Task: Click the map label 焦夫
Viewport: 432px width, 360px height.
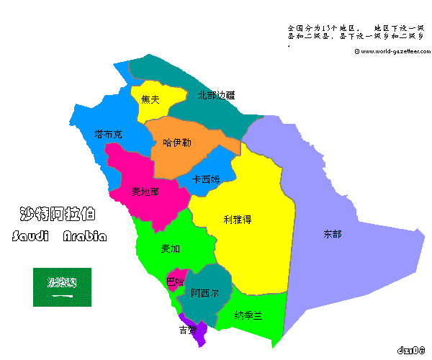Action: pos(150,100)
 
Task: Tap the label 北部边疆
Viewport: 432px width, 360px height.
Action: pos(216,95)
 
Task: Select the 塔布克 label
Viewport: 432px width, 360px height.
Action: pos(108,135)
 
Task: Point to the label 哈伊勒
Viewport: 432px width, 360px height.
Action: pos(177,143)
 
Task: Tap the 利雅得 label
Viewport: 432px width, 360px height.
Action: pos(237,220)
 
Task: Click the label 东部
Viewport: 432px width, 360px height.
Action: pos(333,234)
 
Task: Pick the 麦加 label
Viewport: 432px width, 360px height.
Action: pos(171,248)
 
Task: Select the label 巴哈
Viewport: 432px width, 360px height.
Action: pos(175,281)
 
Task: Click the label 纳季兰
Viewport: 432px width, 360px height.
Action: pos(248,315)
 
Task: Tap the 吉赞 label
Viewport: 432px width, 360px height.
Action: pos(188,330)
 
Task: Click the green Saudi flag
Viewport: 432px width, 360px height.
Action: pos(62,286)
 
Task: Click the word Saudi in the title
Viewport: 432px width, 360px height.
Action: pos(33,237)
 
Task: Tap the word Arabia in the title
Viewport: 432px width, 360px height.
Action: pos(85,237)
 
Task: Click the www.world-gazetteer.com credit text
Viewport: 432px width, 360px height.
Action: pos(392,51)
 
